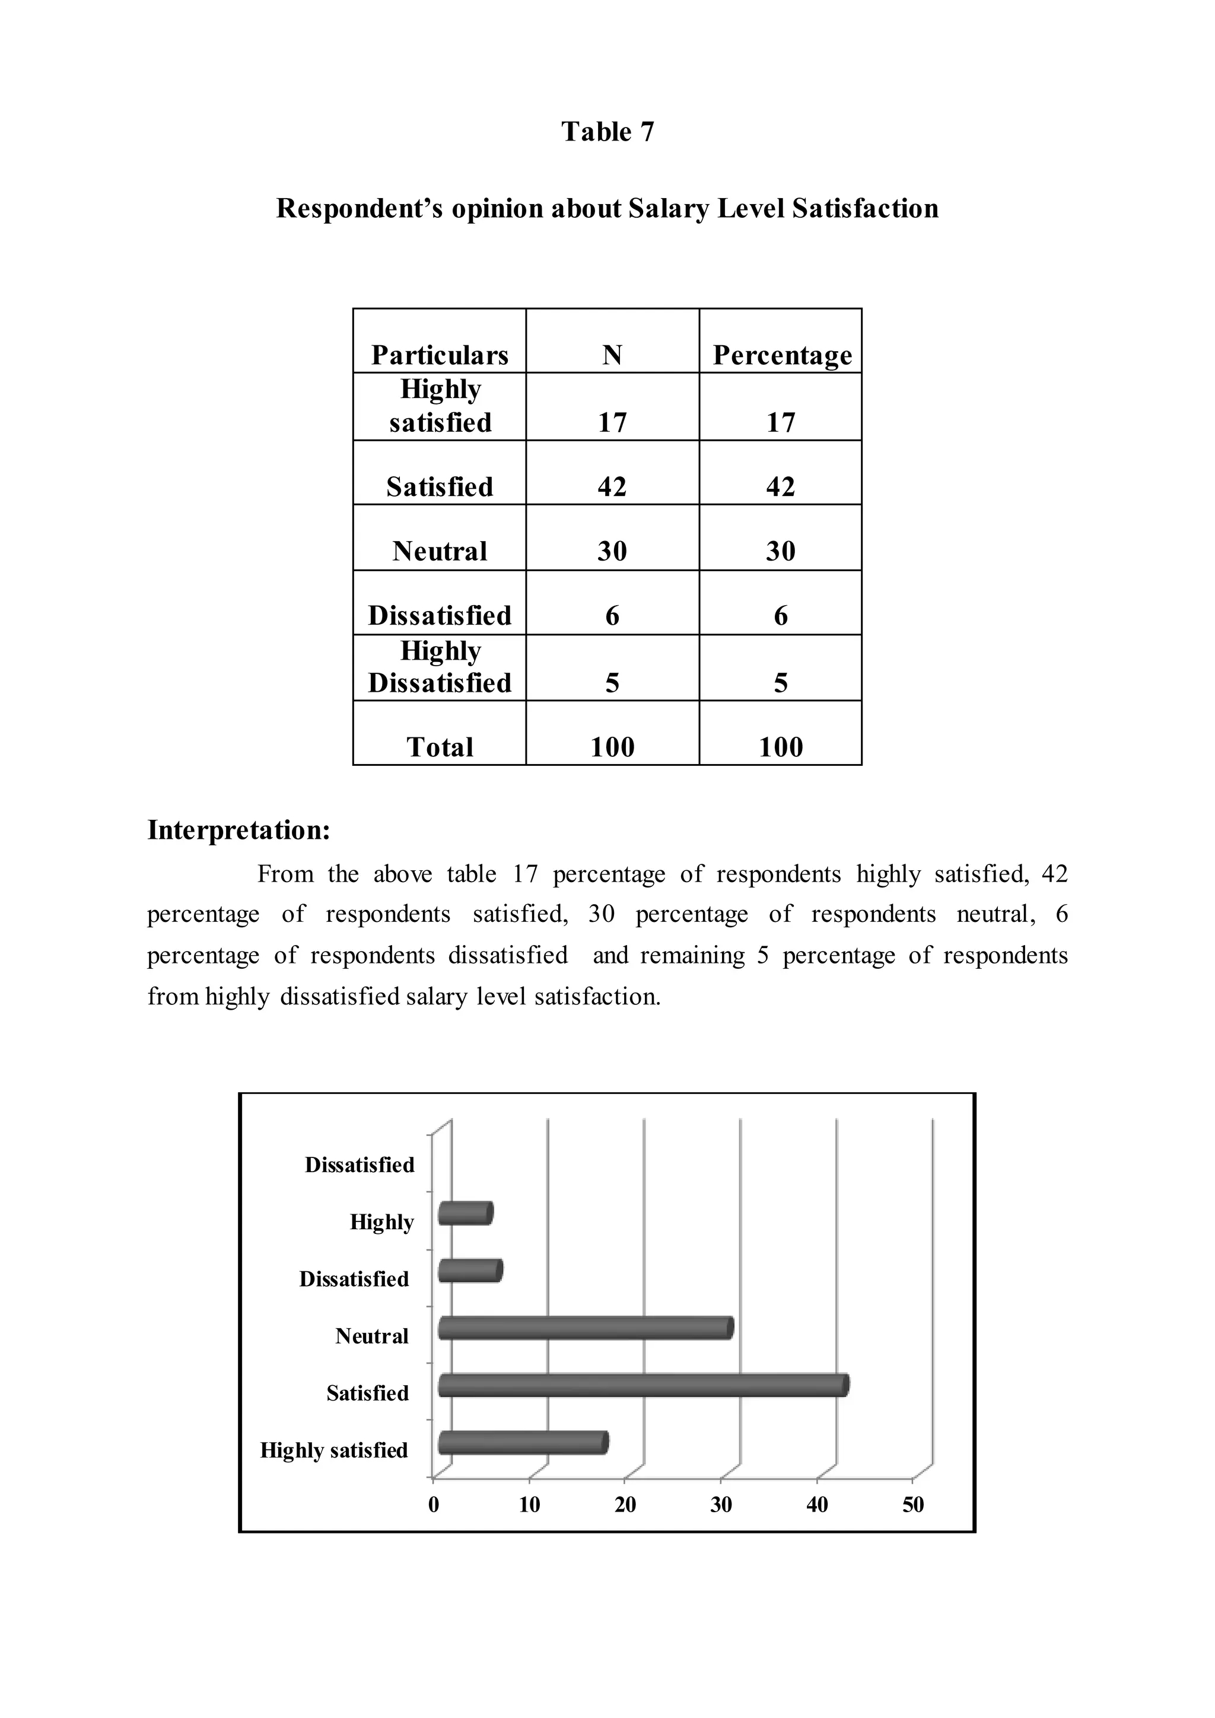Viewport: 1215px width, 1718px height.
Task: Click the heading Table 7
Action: [607, 132]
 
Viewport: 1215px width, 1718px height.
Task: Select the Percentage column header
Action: [782, 355]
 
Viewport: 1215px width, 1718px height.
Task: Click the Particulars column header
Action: [440, 355]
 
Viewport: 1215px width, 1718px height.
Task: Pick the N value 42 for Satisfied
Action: [612, 487]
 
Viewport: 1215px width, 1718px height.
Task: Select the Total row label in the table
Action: [440, 747]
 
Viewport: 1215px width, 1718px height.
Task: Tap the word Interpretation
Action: [238, 830]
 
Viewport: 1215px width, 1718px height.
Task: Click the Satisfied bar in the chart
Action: [644, 1385]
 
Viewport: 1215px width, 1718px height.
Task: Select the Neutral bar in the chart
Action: [586, 1328]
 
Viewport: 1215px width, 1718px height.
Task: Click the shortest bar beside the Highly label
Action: [465, 1214]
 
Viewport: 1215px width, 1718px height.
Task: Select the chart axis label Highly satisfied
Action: [333, 1450]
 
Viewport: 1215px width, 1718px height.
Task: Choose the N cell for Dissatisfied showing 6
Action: [612, 616]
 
